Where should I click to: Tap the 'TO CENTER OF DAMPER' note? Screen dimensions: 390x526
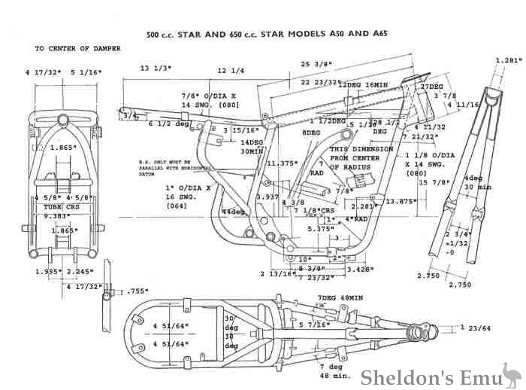[77, 48]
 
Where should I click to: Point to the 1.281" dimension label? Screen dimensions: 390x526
[509, 59]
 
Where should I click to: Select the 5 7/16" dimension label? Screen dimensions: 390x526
[315, 325]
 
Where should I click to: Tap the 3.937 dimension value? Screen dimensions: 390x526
[268, 197]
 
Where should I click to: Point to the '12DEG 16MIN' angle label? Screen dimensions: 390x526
[364, 85]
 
